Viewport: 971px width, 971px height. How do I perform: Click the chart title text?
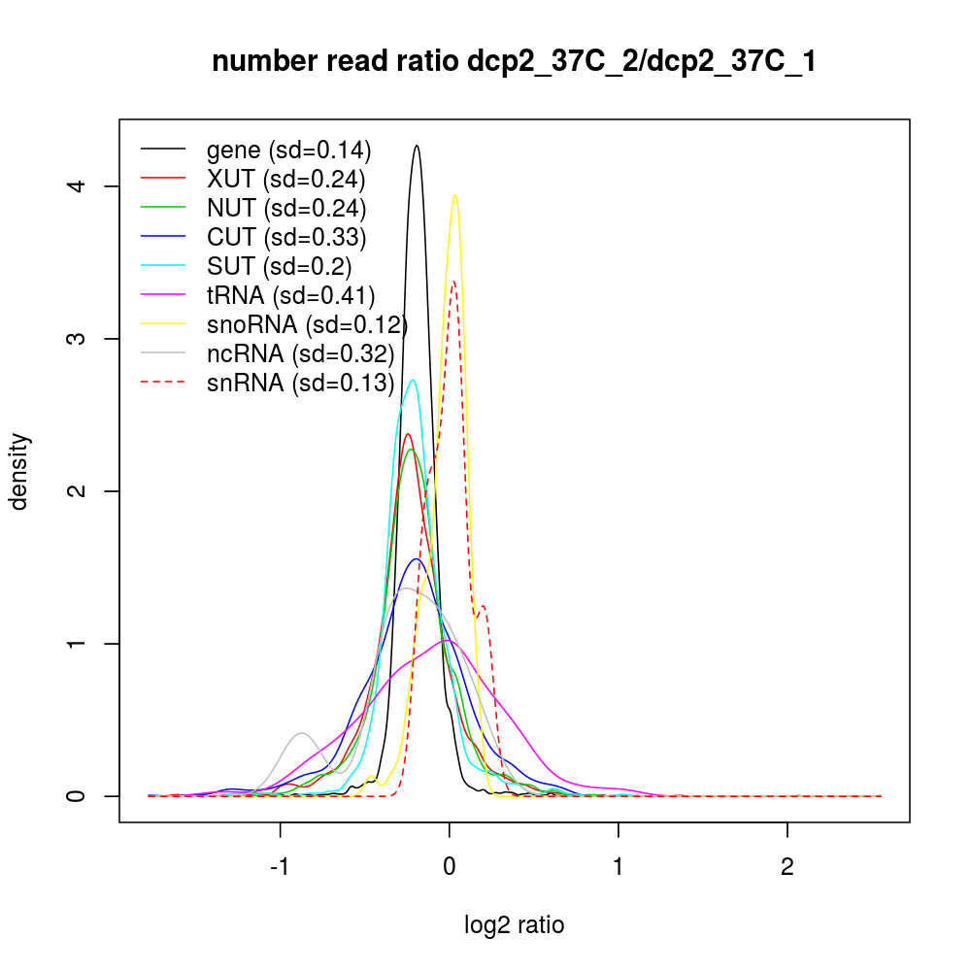pyautogui.click(x=514, y=61)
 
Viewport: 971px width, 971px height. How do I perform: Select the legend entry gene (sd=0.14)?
pyautogui.click(x=288, y=151)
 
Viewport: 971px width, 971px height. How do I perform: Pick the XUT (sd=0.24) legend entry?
pyautogui.click(x=285, y=180)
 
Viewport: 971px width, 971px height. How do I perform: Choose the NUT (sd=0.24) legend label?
pyautogui.click(x=285, y=208)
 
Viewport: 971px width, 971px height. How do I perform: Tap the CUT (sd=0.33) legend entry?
pyautogui.click(x=285, y=237)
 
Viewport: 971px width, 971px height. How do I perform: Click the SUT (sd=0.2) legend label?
pyautogui.click(x=279, y=266)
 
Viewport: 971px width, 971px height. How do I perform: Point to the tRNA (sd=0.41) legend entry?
pyautogui.click(x=290, y=295)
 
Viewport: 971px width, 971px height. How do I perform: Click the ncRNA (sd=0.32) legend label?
pyautogui.click(x=299, y=353)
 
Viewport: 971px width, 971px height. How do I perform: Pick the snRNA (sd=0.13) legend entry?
pyautogui.click(x=300, y=383)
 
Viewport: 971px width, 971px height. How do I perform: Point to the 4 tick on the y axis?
pyautogui.click(x=85, y=185)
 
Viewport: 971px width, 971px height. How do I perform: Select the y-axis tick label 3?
pyautogui.click(x=85, y=338)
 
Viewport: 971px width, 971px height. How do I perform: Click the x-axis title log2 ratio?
pyautogui.click(x=514, y=925)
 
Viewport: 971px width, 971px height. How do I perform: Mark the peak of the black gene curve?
pyautogui.click(x=417, y=146)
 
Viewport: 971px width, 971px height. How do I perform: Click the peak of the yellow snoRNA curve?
pyautogui.click(x=454, y=195)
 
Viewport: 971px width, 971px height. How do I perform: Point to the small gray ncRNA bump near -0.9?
pyautogui.click(x=302, y=733)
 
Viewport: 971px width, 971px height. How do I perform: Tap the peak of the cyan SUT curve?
pyautogui.click(x=413, y=380)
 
